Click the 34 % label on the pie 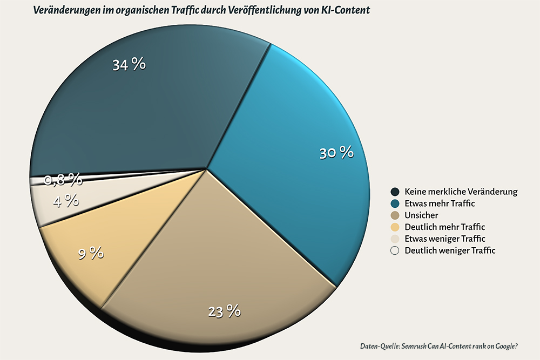coord(129,65)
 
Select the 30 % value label coord(336,153)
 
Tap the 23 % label coord(224,311)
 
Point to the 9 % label coord(91,253)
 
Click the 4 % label coord(66,201)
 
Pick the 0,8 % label coord(63,179)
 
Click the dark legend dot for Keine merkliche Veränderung coord(395,192)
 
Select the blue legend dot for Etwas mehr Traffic coord(395,203)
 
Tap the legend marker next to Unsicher coord(395,215)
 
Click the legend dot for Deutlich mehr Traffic coord(395,227)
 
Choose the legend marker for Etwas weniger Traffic coord(395,239)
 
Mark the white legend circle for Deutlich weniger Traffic coord(395,250)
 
